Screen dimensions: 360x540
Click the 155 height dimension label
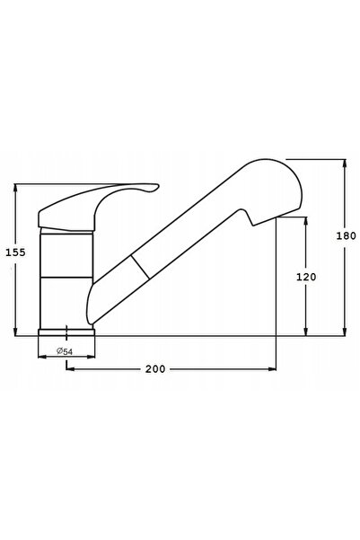[15, 252]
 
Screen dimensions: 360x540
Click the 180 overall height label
[346, 236]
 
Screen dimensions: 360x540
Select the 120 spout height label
[306, 277]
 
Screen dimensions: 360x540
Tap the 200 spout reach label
[155, 369]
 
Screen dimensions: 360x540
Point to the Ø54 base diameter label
[65, 351]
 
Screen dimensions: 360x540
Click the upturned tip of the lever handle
[155, 186]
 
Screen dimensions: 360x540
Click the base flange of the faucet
[66, 332]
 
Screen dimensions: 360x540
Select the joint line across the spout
[140, 267]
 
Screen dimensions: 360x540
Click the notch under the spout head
[250, 218]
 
